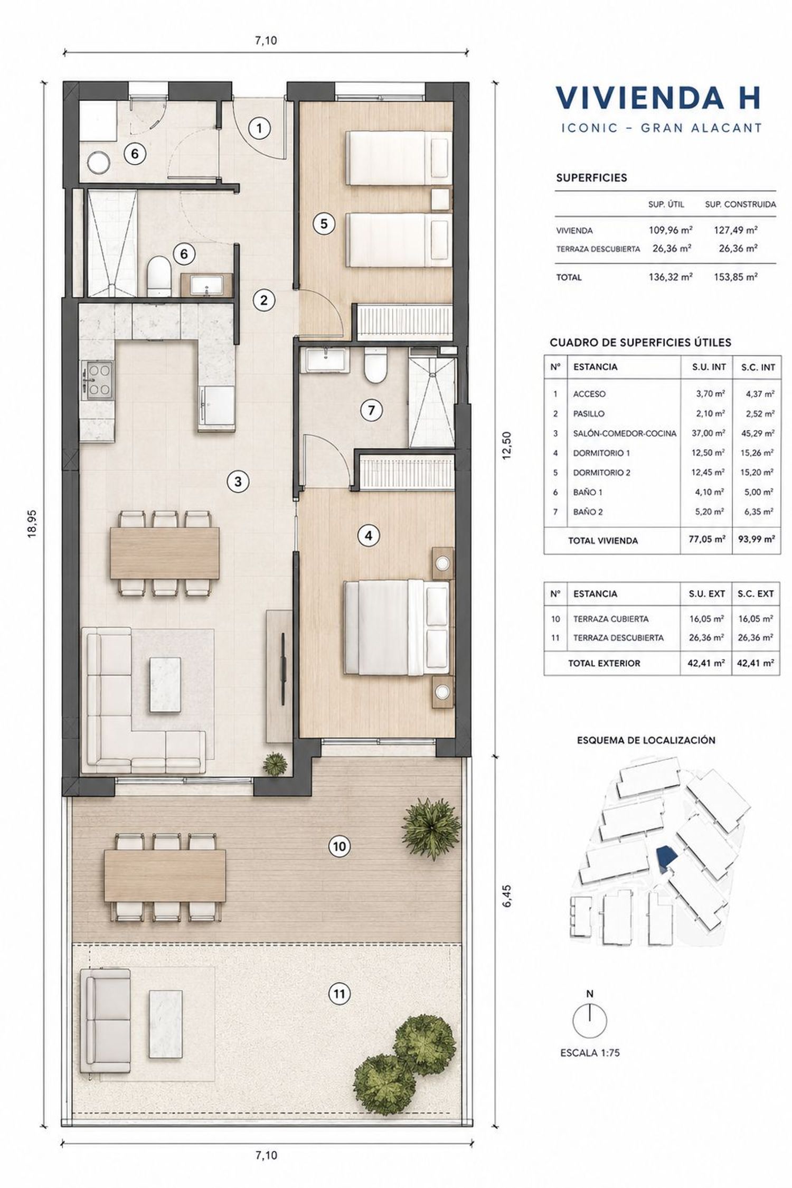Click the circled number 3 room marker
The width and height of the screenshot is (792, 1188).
[238, 482]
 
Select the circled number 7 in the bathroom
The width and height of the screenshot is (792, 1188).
[372, 410]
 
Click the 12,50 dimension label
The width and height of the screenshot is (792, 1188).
[507, 446]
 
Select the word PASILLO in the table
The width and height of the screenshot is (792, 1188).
[589, 414]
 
